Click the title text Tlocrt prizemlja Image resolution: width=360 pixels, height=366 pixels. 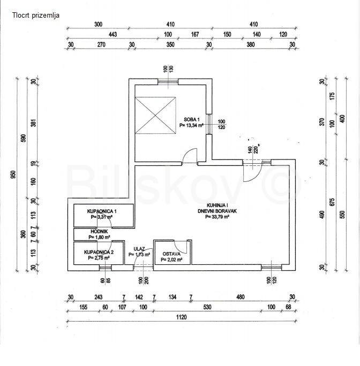coord(36,15)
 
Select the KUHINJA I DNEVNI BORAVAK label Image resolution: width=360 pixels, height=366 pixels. coord(213,209)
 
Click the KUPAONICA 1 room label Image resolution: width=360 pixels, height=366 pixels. coord(102,212)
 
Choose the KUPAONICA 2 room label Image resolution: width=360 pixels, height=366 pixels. coord(99,251)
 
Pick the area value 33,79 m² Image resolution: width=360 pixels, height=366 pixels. coord(213,217)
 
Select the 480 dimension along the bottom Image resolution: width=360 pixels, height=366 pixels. coord(241,298)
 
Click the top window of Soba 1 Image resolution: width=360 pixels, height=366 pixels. coord(168,81)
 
